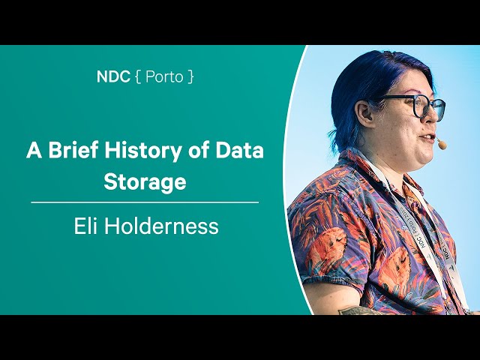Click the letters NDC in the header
pos(113,76)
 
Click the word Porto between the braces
pos(164,76)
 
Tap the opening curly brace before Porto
pos(138,76)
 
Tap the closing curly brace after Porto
pos(190,76)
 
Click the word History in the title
pos(142,151)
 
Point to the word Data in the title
pos(240,150)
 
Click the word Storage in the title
pos(145,181)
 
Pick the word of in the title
pos(199,150)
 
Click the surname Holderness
pos(161,226)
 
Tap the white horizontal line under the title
pos(145,202)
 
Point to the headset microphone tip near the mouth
pos(442,143)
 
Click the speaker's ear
pos(364,112)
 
